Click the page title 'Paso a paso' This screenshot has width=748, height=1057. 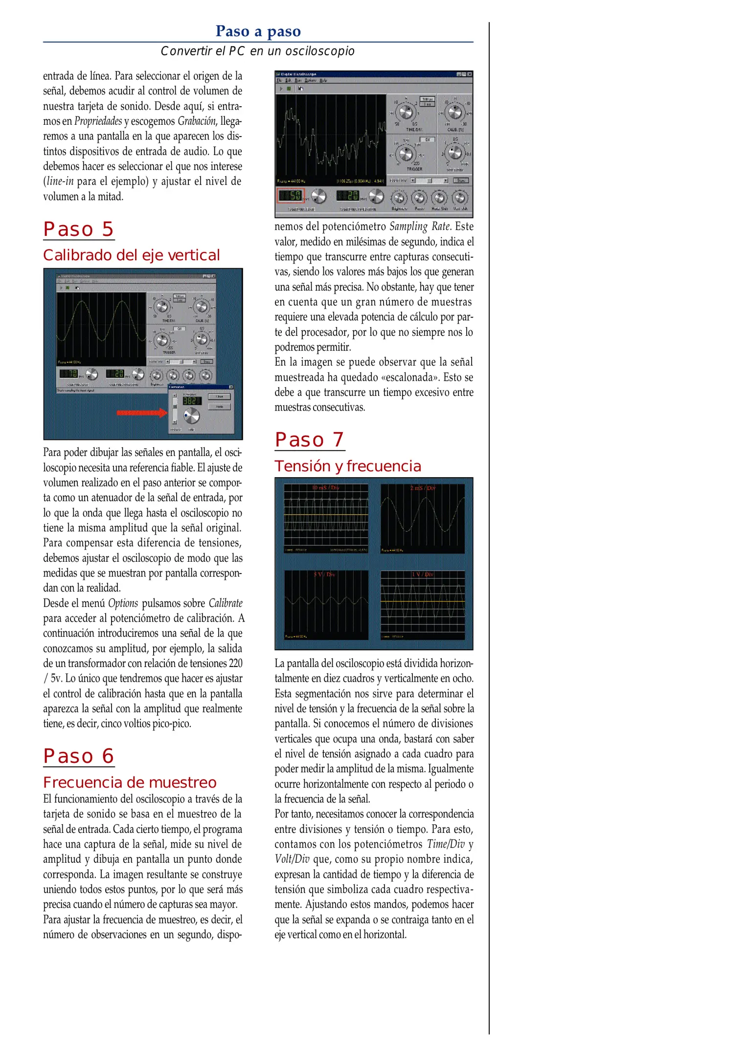point(258,31)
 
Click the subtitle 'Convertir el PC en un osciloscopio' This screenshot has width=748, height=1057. point(257,51)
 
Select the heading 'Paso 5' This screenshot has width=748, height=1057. point(79,230)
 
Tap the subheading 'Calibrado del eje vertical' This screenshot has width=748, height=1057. point(131,255)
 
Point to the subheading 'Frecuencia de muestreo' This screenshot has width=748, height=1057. point(130,782)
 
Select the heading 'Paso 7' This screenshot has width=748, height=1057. point(310,439)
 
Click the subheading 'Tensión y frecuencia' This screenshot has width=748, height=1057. point(347,466)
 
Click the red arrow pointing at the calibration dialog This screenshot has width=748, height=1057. point(141,413)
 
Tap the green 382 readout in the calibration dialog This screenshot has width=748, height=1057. point(191,401)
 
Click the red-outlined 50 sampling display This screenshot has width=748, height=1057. point(291,196)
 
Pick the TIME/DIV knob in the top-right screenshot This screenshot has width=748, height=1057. point(406,113)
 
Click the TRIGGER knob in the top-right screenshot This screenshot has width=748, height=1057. point(406,154)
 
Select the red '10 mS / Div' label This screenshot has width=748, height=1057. point(326,488)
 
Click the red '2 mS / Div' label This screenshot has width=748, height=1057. point(422,488)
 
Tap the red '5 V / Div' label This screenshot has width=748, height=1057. point(324,574)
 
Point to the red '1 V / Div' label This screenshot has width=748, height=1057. point(422,574)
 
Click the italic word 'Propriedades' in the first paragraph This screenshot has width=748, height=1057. point(98,121)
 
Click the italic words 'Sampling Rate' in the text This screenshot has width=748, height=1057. point(420,226)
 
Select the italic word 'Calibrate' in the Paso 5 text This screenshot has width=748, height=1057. point(226,603)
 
